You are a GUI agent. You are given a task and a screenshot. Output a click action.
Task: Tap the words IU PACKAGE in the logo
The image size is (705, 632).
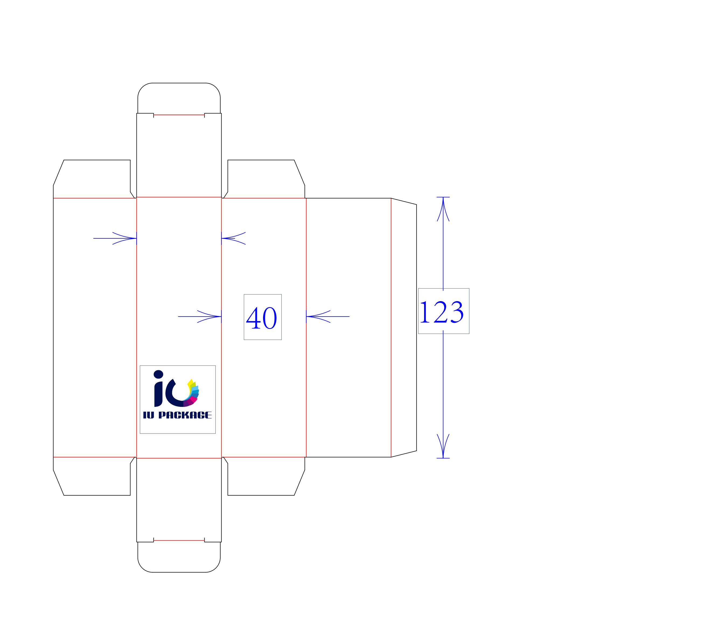pos(177,415)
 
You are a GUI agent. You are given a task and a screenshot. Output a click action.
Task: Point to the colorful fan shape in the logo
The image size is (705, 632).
pos(191,393)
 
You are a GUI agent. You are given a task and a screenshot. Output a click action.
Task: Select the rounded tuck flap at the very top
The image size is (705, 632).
pos(179,98)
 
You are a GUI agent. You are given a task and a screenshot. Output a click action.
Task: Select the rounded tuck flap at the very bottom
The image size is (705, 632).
pos(179,557)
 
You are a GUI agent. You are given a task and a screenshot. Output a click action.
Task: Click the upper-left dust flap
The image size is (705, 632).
pos(92,179)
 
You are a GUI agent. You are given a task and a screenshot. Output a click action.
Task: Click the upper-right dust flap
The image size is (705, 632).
pos(264,179)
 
